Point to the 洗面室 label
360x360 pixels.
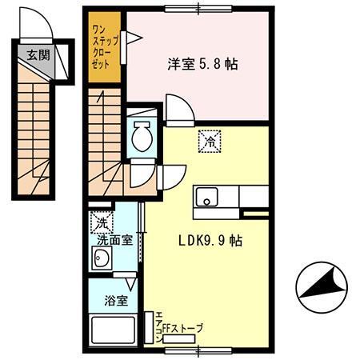[114, 238]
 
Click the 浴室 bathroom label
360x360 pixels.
[116, 302]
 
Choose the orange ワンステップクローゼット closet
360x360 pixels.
[104, 48]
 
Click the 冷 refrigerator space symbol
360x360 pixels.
[210, 142]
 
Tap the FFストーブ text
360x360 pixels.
[183, 328]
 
